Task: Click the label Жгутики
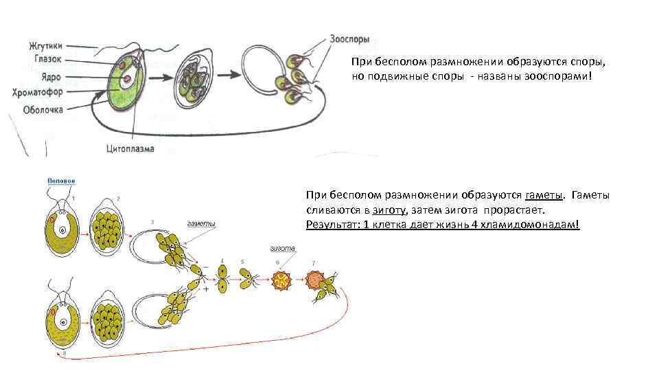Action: pos(45,46)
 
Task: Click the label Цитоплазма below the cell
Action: pos(131,148)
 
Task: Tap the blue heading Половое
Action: pos(61,181)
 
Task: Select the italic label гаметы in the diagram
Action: pos(201,223)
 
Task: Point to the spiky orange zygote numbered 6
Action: pos(281,280)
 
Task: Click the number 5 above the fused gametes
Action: pos(242,262)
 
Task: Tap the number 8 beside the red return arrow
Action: pos(64,353)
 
